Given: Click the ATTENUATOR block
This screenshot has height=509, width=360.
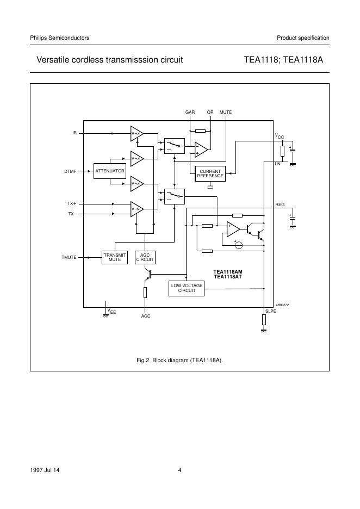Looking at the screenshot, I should [x=110, y=171].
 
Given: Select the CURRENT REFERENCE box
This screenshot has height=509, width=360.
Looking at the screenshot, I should [x=210, y=173].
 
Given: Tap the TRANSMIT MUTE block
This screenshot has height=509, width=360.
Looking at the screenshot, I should [x=114, y=257].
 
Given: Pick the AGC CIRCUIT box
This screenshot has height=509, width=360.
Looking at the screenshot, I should [x=145, y=257].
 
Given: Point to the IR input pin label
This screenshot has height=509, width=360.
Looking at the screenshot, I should [x=74, y=133].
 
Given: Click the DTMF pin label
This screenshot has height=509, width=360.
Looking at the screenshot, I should [x=70, y=172].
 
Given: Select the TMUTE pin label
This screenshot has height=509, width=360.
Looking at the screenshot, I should [x=69, y=257].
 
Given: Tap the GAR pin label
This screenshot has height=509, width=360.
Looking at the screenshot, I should [x=190, y=112].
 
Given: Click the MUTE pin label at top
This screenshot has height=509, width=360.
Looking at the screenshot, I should [x=226, y=112].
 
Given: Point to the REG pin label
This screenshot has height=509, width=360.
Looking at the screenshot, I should [x=280, y=205].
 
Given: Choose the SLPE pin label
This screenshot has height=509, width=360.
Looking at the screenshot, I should [x=270, y=311].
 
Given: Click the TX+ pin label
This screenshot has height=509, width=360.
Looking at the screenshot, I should [x=72, y=203].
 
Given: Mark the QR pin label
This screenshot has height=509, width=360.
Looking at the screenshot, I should [x=210, y=112].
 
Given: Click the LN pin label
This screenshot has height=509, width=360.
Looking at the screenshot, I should [x=278, y=163].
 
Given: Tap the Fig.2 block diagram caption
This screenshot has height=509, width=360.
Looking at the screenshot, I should [x=179, y=360].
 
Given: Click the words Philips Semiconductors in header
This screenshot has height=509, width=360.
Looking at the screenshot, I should [x=59, y=38].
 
